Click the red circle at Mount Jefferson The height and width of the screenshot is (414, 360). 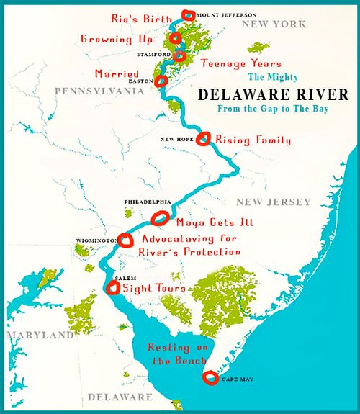pos(189,14)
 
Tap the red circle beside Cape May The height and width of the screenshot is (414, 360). pos(210,377)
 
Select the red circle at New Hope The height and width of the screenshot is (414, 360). pos(204,138)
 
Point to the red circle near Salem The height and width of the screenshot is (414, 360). pos(113,289)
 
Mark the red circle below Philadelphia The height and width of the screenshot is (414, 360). pos(161,217)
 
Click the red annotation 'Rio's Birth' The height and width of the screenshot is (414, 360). pos(142,17)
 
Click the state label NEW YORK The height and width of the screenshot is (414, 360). pos(274,24)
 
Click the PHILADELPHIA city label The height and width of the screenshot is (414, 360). pos(147,202)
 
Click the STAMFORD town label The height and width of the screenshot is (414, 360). pos(154,54)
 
